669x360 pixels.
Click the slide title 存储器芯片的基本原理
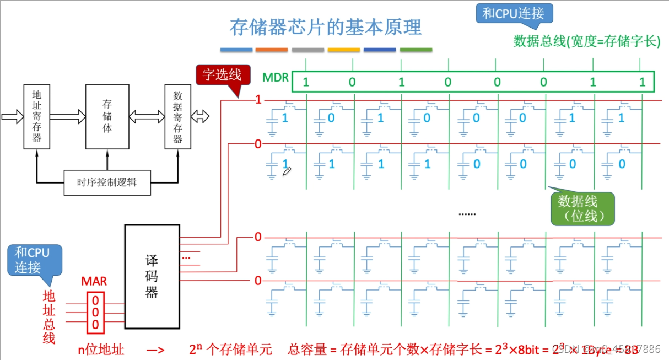point(325,27)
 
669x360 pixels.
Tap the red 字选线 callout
point(222,75)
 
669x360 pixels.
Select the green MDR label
point(276,77)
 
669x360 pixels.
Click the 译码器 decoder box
point(152,276)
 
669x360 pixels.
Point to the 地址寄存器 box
point(36,116)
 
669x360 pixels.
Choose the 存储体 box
point(107,116)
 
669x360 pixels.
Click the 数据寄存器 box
point(177,116)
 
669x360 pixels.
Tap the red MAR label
point(94,282)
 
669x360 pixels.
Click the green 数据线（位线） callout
point(578,208)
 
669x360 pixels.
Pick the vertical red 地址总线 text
point(50,317)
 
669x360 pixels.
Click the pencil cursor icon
point(287,172)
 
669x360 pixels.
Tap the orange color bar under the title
point(272,50)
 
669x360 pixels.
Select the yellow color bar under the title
point(343,50)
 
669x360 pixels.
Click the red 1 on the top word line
point(257,100)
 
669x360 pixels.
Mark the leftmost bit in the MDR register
point(306,83)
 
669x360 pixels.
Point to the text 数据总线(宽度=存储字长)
point(586,41)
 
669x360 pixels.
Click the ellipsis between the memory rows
point(467,213)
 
